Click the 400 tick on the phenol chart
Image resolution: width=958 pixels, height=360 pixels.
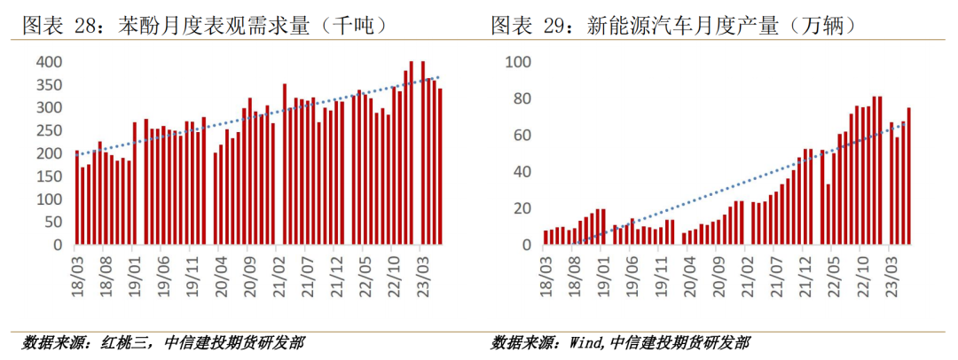click(50, 62)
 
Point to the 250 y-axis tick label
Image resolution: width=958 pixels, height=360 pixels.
click(50, 130)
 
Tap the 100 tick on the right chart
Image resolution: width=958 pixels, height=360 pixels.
click(517, 62)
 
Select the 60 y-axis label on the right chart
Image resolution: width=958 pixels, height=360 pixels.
click(521, 135)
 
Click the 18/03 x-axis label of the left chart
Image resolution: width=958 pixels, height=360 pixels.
click(78, 266)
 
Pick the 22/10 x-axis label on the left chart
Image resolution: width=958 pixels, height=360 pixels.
click(397, 266)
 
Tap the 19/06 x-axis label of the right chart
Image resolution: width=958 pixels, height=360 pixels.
click(632, 266)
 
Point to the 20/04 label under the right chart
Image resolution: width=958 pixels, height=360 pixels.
click(688, 266)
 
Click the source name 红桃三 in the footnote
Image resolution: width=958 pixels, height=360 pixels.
click(125, 342)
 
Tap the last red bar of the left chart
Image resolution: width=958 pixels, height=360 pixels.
click(440, 166)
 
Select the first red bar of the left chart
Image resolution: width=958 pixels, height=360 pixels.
click(77, 197)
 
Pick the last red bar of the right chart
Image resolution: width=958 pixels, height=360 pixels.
click(909, 176)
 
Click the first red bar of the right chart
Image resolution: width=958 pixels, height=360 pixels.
click(546, 237)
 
